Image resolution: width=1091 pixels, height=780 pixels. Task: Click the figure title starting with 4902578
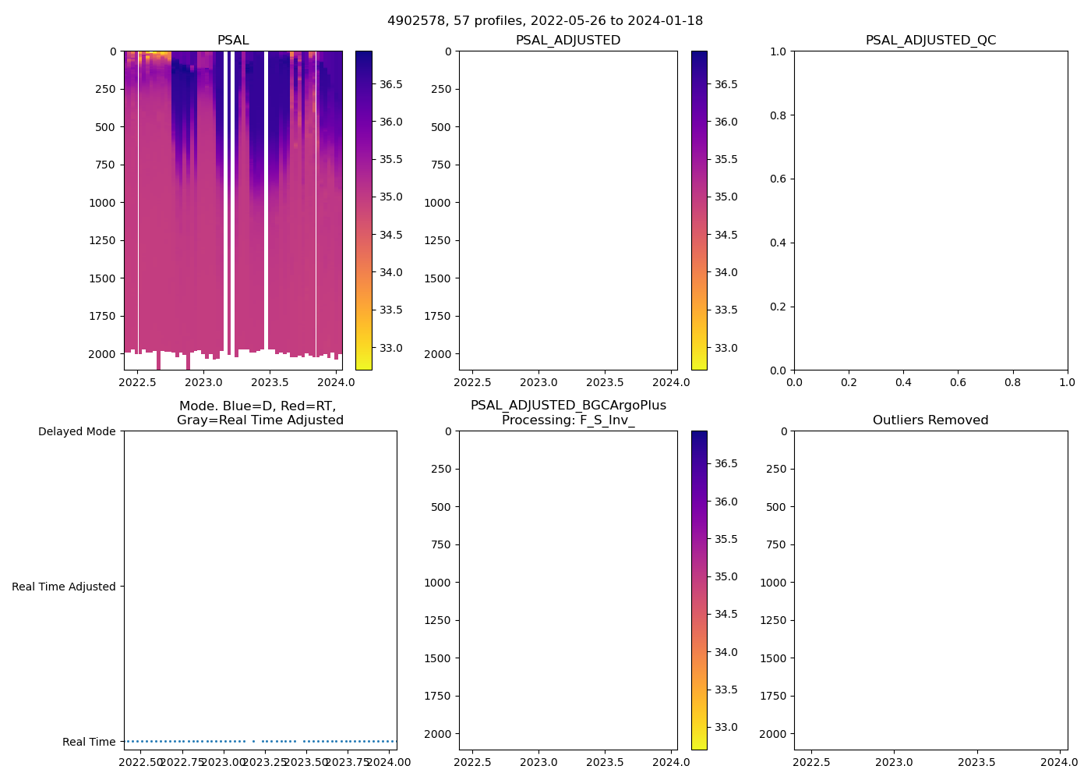[545, 20]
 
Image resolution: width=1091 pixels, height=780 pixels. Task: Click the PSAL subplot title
[233, 41]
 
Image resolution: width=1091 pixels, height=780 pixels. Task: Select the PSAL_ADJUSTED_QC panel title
[930, 41]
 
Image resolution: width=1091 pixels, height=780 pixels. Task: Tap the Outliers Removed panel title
[930, 420]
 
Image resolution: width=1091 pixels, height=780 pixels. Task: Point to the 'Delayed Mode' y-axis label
[76, 431]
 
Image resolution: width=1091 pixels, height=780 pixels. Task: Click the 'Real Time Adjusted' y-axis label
[63, 587]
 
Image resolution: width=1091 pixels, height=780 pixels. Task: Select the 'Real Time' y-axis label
[89, 742]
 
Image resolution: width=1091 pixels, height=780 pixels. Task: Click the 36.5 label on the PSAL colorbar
[390, 84]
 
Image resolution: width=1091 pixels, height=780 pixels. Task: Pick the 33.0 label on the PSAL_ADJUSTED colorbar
[726, 348]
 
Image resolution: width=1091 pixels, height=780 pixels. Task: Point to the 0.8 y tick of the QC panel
[779, 115]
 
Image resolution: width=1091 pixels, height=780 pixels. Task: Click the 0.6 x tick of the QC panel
[958, 382]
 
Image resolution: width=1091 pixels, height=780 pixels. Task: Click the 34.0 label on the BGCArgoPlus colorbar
[726, 652]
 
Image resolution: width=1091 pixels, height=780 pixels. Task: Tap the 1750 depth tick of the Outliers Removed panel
[773, 696]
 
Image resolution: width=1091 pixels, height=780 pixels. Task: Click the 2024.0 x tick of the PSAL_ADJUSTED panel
[671, 382]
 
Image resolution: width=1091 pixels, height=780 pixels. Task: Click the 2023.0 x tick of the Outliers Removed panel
[895, 762]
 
